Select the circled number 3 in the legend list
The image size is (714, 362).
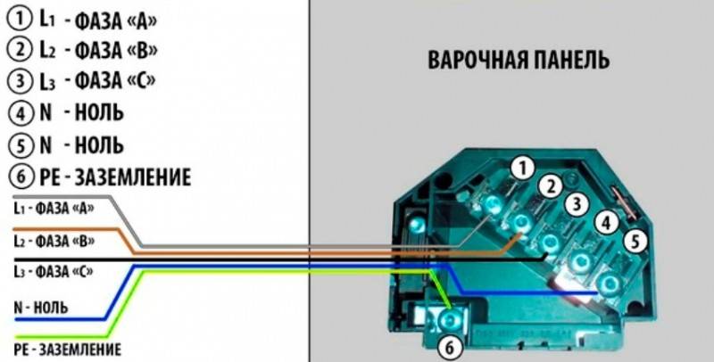pos(21,81)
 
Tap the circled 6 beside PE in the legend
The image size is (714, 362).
pos(21,177)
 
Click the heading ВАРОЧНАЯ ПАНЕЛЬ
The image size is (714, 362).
pos(519,60)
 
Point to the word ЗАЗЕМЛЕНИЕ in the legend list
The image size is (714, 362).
pos(132,177)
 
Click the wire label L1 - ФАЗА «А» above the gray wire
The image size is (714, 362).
pos(54,209)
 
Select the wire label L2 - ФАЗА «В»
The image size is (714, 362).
pos(54,241)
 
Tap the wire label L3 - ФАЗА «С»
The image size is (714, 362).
pos(54,272)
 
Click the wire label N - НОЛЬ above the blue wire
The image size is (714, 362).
pos(41,308)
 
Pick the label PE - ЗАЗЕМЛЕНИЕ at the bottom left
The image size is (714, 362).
pos(68,349)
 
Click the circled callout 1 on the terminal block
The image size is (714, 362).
pos(522,169)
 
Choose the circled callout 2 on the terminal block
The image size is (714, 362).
pos(551,186)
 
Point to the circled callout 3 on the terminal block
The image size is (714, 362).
pos(577,204)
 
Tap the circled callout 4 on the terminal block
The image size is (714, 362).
pos(606,222)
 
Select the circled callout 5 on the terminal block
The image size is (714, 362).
pos(635,241)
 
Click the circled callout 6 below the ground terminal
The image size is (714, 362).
pos(449,349)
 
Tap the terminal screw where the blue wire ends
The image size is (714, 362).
pos(609,284)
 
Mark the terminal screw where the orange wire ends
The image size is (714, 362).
pos(520,223)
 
